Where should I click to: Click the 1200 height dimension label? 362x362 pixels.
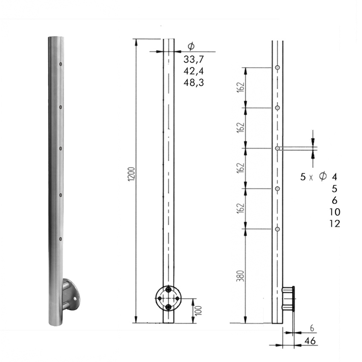click(x=131, y=174)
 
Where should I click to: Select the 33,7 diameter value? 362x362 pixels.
click(x=194, y=59)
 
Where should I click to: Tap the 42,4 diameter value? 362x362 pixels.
click(x=194, y=71)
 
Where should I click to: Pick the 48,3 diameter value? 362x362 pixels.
click(x=194, y=83)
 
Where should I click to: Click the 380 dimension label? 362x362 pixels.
click(x=241, y=276)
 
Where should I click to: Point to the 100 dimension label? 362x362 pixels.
click(x=198, y=310)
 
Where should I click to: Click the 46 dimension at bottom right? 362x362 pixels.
click(x=310, y=341)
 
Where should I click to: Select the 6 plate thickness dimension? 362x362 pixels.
click(x=312, y=328)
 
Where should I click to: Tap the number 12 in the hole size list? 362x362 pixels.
click(x=335, y=224)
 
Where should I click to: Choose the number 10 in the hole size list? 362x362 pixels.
click(x=335, y=212)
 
